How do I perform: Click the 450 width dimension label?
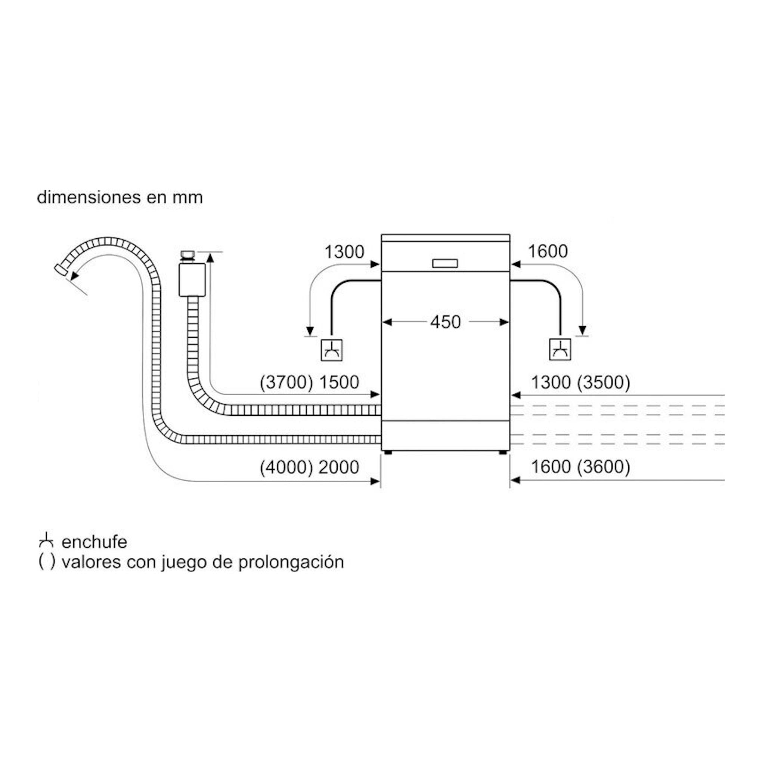coord(445,322)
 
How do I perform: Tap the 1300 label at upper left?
coord(344,252)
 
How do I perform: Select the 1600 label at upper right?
coord(548,251)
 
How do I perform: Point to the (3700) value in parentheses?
coord(286,382)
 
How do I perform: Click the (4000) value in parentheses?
coord(286,467)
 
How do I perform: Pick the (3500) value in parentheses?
coord(604,382)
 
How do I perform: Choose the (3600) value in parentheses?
coord(604,467)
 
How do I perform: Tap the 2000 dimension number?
coord(339,467)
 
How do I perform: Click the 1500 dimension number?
coord(339,382)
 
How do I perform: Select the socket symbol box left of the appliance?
coord(332,350)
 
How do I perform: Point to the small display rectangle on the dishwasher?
coord(445,263)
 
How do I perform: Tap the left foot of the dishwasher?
coord(387,453)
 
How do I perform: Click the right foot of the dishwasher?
coord(503,453)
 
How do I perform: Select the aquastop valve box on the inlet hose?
coord(192,280)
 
